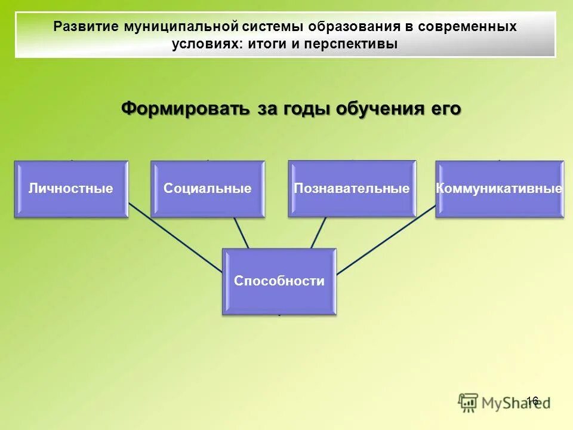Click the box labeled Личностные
71,189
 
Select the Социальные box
207,189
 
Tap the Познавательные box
352,189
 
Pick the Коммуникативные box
499,189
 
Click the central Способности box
279,281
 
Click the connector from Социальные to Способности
241,232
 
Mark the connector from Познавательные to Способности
318,232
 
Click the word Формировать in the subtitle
185,109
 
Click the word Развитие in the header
86,27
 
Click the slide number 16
532,401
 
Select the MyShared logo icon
469,403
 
